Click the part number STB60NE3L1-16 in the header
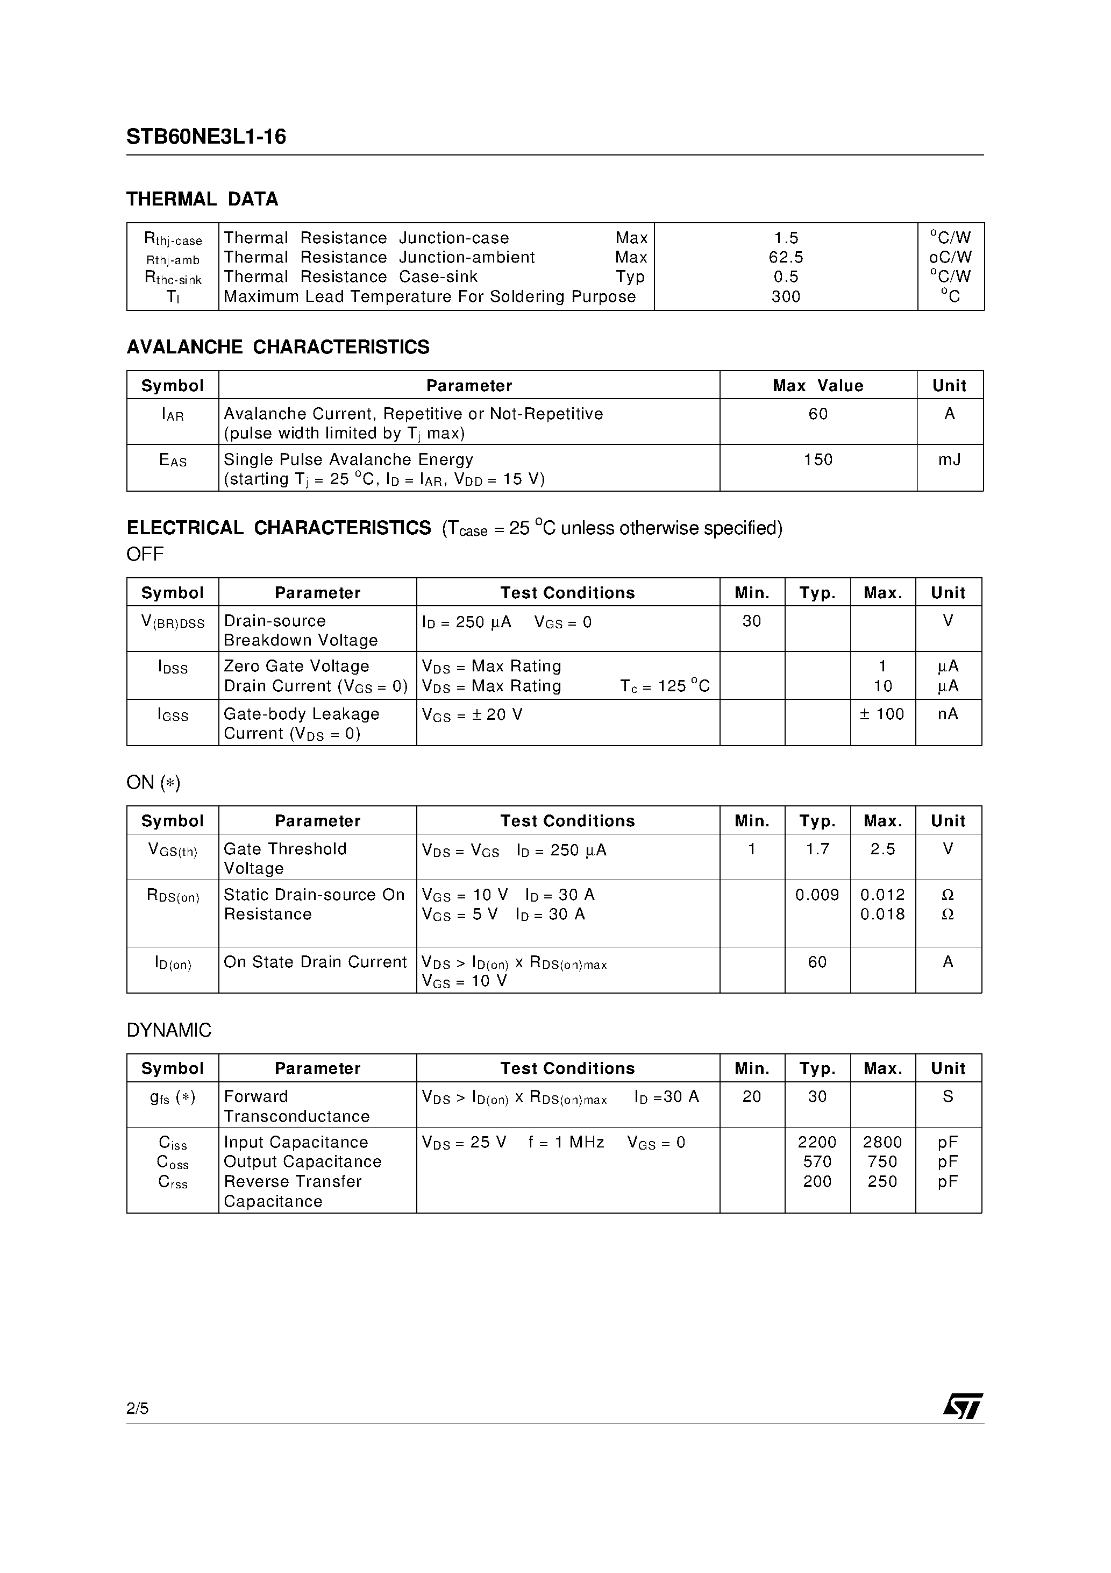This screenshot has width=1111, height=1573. point(205,137)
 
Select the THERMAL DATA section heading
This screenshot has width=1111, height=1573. point(202,200)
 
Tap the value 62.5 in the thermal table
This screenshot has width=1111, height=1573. point(786,258)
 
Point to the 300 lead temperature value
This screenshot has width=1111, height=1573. point(786,296)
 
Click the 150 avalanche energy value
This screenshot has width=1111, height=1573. point(818,460)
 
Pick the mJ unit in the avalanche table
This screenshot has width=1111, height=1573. point(949,460)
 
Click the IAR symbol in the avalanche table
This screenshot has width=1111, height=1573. point(173,414)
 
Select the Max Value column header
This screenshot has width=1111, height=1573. point(818,386)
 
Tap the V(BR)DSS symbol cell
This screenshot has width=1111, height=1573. point(173,622)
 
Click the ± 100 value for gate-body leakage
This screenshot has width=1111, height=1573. point(882,714)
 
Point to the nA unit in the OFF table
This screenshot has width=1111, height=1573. point(948,714)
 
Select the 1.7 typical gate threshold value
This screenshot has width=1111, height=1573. point(817,849)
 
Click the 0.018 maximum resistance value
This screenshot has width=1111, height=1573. point(882,915)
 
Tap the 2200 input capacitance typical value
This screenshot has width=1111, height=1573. point(817,1143)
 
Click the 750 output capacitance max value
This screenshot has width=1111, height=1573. point(882,1162)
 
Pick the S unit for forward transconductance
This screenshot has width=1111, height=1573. point(948,1097)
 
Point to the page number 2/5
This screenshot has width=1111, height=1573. point(138,1408)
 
